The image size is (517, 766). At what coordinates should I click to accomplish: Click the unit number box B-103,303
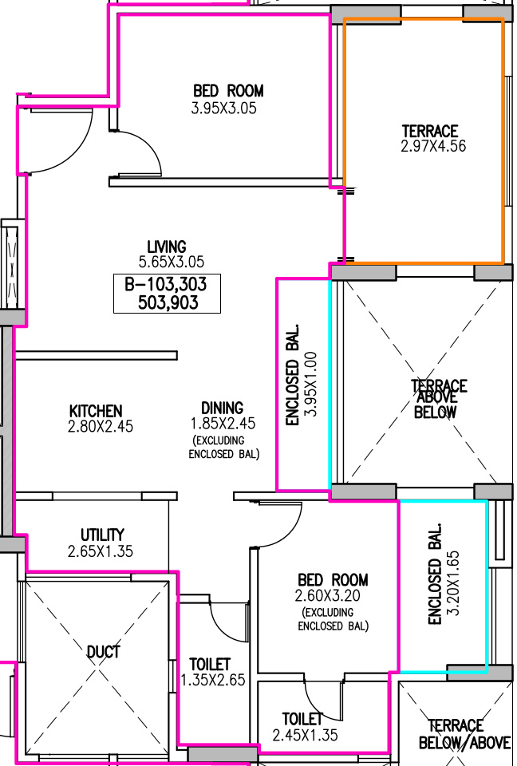tap(167, 293)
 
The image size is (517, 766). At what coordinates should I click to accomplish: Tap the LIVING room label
tap(167, 247)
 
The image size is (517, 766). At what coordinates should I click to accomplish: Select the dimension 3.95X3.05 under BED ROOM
tap(224, 108)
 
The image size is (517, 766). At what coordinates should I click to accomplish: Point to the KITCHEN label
tap(96, 411)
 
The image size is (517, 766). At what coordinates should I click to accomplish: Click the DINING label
tap(223, 408)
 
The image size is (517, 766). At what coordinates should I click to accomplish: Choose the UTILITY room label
tap(102, 535)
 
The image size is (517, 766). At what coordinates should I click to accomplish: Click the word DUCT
tap(103, 652)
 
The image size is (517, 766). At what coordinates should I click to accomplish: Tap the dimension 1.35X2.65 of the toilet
tap(213, 680)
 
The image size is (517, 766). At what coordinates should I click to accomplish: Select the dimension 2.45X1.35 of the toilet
tap(305, 735)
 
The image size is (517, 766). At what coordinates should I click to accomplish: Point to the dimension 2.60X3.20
tap(328, 596)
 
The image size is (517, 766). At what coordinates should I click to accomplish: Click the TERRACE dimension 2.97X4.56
tap(433, 146)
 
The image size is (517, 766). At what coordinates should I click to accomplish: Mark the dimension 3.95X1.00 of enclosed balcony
tap(310, 384)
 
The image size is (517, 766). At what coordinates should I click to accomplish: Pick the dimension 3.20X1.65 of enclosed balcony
tap(453, 583)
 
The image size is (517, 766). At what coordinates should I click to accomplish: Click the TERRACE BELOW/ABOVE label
tap(464, 734)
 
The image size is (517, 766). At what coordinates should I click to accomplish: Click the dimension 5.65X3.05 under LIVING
tap(171, 262)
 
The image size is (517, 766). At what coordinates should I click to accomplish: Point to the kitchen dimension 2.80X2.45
tap(101, 426)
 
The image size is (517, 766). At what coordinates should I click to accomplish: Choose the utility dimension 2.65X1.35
tap(101, 551)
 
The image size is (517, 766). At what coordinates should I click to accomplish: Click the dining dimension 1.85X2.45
tap(223, 424)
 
